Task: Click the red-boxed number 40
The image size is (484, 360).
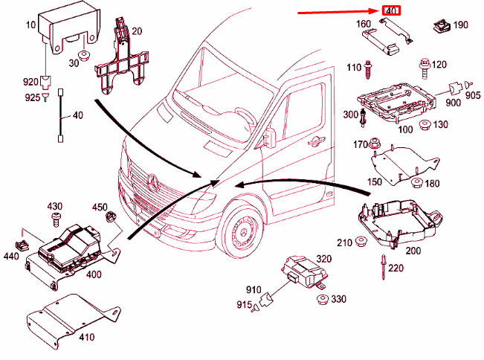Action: pyautogui.click(x=391, y=10)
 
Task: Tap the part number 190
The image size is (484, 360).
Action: pyautogui.click(x=460, y=25)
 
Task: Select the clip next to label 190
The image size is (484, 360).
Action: pyautogui.click(x=442, y=25)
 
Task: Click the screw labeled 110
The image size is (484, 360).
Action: pyautogui.click(x=367, y=70)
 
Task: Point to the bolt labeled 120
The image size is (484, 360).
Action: pyautogui.click(x=425, y=69)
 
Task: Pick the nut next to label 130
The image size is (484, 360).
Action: pyautogui.click(x=425, y=126)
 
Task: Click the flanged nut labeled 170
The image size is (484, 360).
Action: pyautogui.click(x=374, y=144)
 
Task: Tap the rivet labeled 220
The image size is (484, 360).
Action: pyautogui.click(x=384, y=267)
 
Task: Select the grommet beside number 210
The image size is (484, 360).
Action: pyautogui.click(x=361, y=242)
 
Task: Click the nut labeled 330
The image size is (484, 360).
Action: pyautogui.click(x=323, y=300)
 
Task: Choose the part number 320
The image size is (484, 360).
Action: pyautogui.click(x=324, y=259)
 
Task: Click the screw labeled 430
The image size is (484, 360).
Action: pyautogui.click(x=57, y=219)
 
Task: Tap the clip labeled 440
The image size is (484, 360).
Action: pyautogui.click(x=22, y=245)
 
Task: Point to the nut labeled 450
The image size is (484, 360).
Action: pyautogui.click(x=111, y=216)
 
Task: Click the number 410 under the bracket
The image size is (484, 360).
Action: pyautogui.click(x=87, y=337)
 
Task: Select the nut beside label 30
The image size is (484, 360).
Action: pyautogui.click(x=84, y=57)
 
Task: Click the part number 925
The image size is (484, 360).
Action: pyautogui.click(x=33, y=97)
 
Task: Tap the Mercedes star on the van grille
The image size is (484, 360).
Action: pyautogui.click(x=153, y=182)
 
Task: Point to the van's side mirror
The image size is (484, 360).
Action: pyautogui.click(x=269, y=138)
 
